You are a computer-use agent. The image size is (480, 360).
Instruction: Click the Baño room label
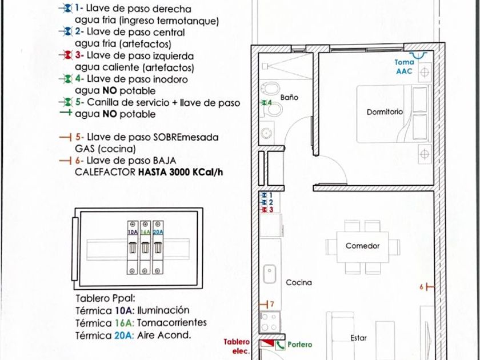click(290, 98)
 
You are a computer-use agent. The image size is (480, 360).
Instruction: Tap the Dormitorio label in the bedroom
click(385, 112)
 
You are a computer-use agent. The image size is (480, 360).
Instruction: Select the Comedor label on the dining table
click(362, 246)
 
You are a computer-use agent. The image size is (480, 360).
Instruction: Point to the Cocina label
click(299, 282)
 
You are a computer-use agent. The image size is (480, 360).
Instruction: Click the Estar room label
click(358, 338)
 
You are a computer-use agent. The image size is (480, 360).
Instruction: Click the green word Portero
click(300, 345)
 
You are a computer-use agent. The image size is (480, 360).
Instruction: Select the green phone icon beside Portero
click(281, 345)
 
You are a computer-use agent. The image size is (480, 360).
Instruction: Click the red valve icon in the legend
click(67, 55)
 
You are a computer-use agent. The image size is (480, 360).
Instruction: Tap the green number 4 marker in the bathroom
click(267, 103)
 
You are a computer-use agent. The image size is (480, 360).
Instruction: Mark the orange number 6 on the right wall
click(422, 287)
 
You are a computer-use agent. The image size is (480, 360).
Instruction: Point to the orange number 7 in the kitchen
click(272, 303)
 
